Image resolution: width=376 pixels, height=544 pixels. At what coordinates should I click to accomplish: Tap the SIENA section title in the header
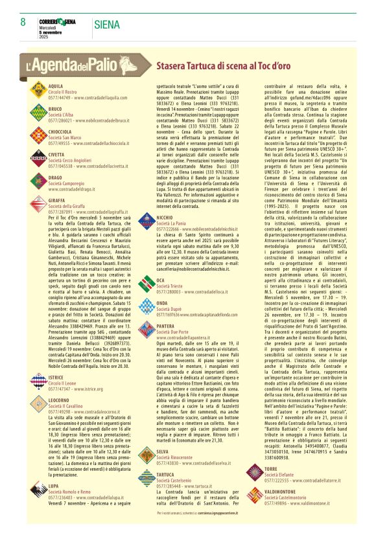pos(107,25)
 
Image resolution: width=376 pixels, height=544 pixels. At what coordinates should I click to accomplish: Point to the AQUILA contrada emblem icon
pos(38,91)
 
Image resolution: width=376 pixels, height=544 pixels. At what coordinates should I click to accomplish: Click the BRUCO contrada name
pos(55,109)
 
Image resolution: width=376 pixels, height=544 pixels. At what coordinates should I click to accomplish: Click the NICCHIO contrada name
pos(165,217)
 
